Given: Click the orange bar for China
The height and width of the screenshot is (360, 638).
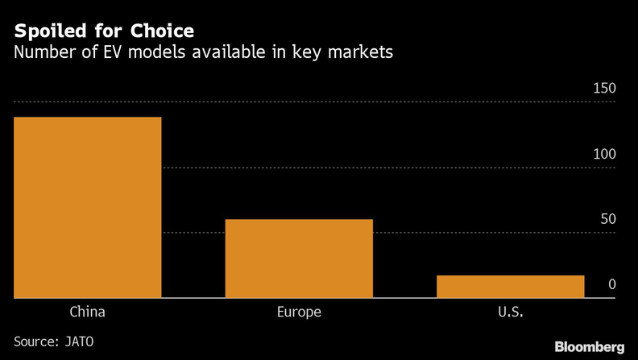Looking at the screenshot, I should click(x=88, y=207).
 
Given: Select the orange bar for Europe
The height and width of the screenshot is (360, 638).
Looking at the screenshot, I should click(x=299, y=259).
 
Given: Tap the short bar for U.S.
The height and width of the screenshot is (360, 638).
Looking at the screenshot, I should click(x=510, y=286).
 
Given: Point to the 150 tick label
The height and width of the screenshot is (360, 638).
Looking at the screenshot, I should click(x=604, y=89).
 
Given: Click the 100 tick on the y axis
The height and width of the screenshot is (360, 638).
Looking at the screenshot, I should click(x=604, y=154).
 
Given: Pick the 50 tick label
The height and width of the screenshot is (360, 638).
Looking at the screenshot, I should click(x=607, y=219).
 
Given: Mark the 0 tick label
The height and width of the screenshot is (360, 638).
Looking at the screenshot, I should click(x=612, y=284).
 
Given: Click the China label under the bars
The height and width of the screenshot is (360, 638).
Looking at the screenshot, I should click(x=88, y=312).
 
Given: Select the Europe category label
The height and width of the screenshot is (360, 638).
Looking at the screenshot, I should click(x=299, y=312).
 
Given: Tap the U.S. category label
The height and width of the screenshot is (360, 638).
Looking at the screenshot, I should click(x=510, y=312).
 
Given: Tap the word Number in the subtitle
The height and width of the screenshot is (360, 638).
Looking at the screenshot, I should click(x=41, y=54).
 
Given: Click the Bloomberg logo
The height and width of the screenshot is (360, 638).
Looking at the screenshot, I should click(x=590, y=346).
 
